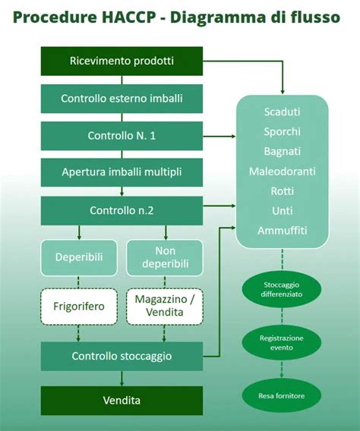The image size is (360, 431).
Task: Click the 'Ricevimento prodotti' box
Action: (122, 61)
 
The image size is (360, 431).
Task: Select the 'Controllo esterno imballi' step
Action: (122, 98)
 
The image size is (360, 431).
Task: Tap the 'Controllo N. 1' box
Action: (122, 136)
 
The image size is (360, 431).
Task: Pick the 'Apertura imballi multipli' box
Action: (122, 172)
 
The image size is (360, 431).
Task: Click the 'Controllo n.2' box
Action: (122, 210)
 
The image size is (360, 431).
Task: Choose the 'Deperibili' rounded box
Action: (80, 257)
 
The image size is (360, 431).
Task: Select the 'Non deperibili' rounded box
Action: (165, 257)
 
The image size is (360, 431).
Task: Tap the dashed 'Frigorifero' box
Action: (80, 306)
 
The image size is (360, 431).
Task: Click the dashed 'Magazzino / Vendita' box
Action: (165, 306)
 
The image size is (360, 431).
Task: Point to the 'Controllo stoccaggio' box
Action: (122, 355)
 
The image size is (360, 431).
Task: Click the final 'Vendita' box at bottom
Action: (122, 400)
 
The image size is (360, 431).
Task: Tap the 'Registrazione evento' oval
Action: (283, 343)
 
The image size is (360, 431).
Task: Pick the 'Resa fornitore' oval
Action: (283, 394)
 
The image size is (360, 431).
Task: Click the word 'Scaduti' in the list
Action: (283, 112)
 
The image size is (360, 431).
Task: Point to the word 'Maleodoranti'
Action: (283, 171)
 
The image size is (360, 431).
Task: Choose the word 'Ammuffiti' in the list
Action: (283, 230)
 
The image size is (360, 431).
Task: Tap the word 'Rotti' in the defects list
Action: (283, 190)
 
